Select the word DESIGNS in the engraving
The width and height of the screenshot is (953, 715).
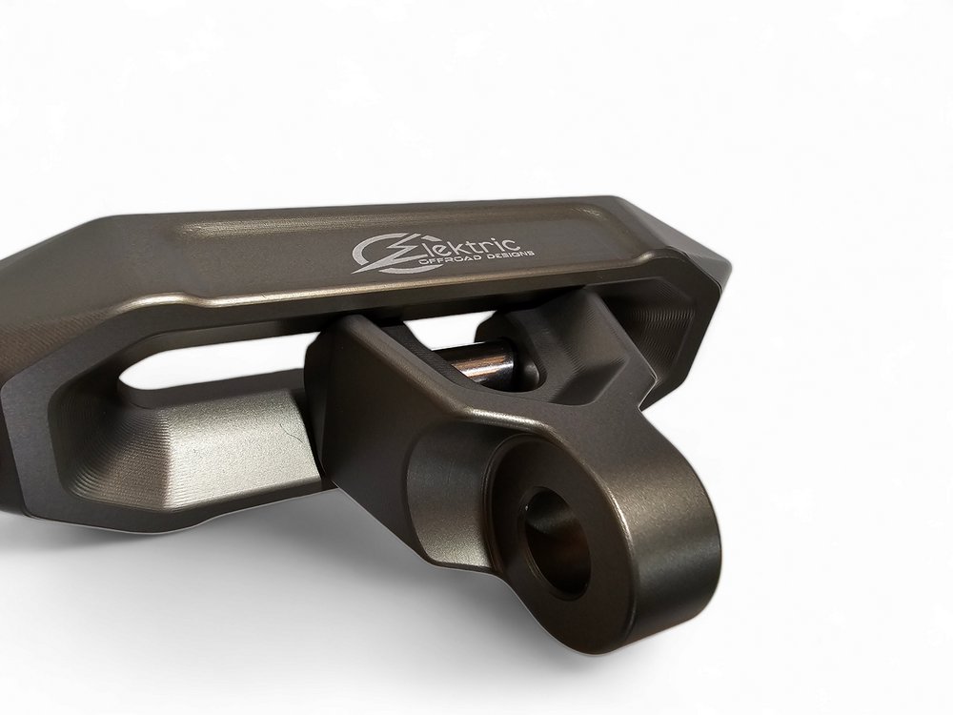click(510, 254)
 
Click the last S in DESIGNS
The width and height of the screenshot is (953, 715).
click(530, 252)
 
